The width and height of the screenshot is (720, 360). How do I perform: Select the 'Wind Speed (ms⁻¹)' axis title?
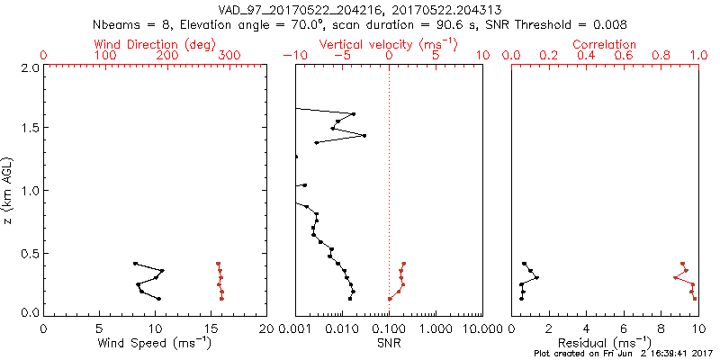(155, 342)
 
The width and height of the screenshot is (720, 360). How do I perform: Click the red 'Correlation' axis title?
(605, 44)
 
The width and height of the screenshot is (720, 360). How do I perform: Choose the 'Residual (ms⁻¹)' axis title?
(605, 342)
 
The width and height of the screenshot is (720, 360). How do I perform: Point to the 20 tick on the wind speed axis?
(266, 328)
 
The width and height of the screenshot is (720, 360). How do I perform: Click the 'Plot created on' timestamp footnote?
(621, 354)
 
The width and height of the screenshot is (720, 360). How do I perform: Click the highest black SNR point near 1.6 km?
(354, 114)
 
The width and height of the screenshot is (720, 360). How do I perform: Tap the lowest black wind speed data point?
(159, 299)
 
